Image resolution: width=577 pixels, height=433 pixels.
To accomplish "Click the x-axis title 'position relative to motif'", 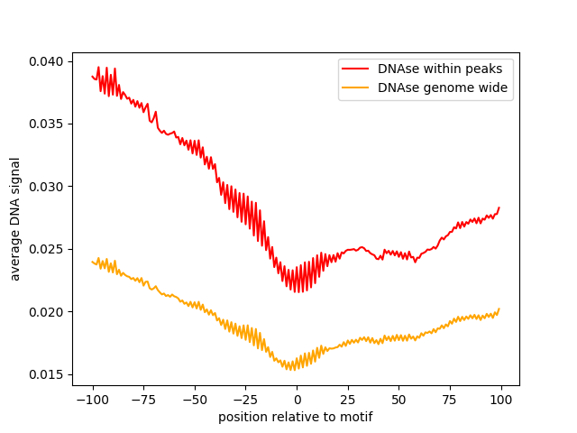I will coord(296,418).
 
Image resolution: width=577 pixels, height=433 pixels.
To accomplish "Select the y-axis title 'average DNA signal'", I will coord(16,219).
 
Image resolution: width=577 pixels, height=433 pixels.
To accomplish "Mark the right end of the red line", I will coord(499,207).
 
